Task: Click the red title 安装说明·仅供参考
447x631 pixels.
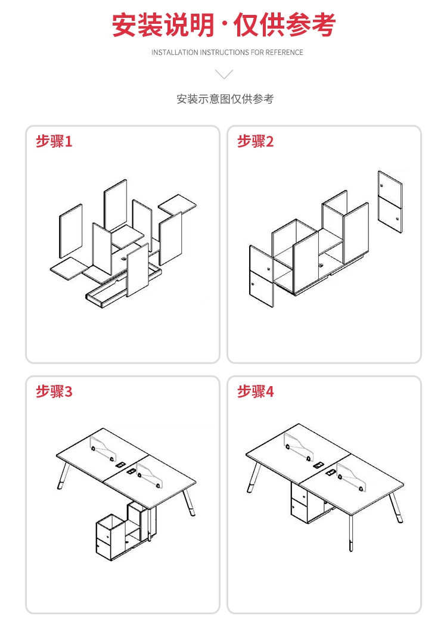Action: tap(223, 25)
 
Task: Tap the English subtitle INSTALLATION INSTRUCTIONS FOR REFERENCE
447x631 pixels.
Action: tap(227, 52)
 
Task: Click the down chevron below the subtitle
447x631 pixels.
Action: tap(223, 74)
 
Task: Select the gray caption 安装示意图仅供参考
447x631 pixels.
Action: tap(225, 99)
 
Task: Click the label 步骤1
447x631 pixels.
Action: tap(54, 142)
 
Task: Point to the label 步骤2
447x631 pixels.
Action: tap(255, 142)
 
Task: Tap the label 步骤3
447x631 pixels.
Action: tap(54, 391)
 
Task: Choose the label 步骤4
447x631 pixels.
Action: tap(255, 391)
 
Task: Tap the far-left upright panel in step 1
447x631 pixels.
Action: tap(70, 231)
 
